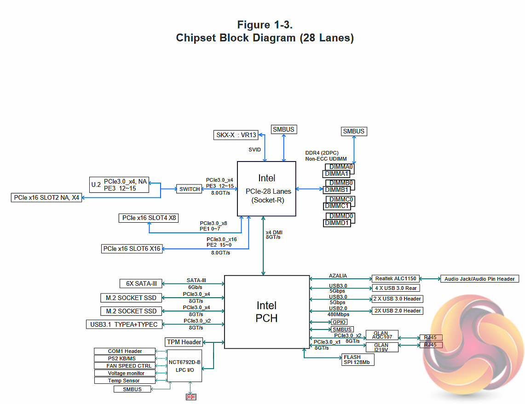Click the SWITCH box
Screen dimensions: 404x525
coord(190,189)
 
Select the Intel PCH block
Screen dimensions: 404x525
coord(267,312)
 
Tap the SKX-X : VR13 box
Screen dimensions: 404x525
coord(236,135)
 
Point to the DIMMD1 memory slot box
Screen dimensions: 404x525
coord(337,223)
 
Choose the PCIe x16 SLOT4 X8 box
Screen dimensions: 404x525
coord(149,218)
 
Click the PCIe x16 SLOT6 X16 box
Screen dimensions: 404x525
coord(132,249)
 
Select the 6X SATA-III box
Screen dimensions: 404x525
coord(138,283)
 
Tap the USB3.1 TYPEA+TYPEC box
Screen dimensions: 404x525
coord(124,324)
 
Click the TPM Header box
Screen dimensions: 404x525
coord(184,342)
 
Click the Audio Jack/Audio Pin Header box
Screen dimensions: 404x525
coord(480,278)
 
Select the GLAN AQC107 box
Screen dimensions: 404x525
coord(381,335)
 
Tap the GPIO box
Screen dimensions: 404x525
coord(339,322)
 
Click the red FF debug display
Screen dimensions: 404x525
coord(191,397)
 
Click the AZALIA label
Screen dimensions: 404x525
coord(338,276)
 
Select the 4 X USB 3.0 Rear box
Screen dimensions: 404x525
coord(397,289)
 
